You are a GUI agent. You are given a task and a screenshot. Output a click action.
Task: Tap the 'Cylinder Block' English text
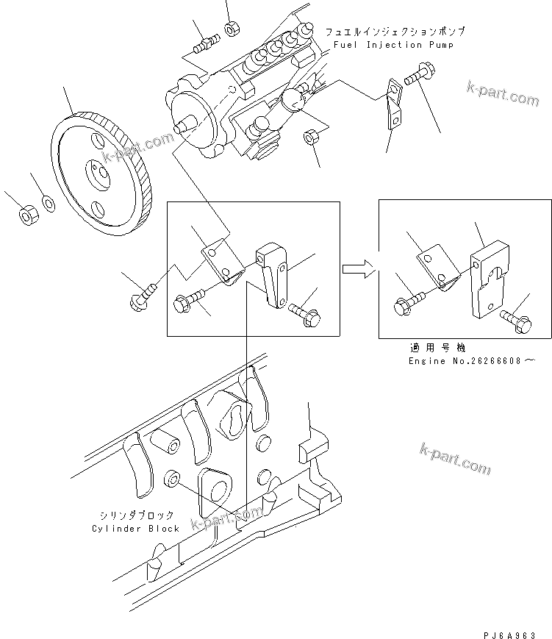[136, 528]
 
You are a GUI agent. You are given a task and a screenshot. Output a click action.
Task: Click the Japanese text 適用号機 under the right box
[437, 348]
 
